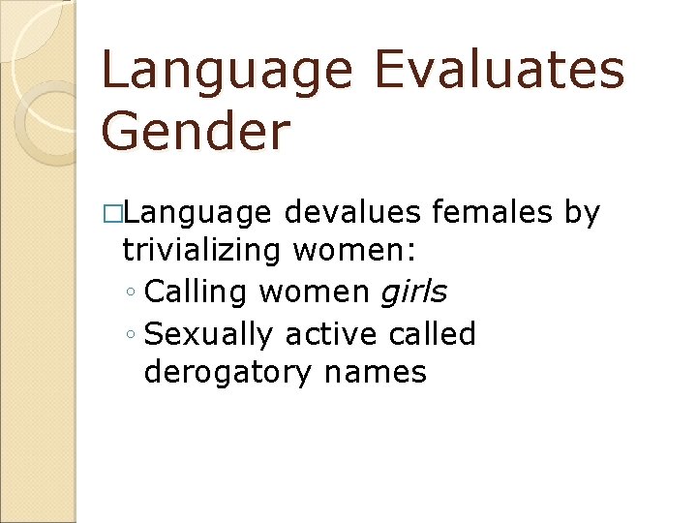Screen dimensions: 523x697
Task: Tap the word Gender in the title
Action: [x=195, y=132]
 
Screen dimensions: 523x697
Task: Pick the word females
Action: [x=493, y=212]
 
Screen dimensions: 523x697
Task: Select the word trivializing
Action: [x=201, y=251]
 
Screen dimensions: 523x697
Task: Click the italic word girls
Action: [x=412, y=291]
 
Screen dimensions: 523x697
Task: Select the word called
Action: [x=433, y=333]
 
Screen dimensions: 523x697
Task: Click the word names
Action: [x=376, y=371]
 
